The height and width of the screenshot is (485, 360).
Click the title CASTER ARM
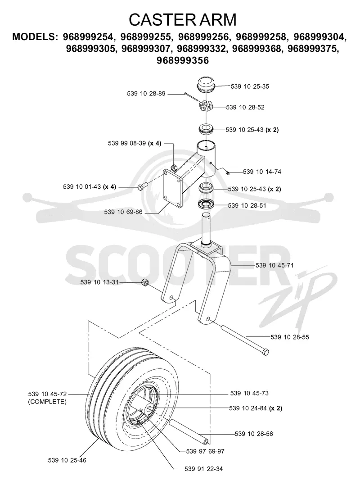click(182, 20)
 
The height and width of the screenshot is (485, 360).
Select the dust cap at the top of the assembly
click(206, 83)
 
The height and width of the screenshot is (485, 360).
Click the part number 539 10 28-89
click(146, 93)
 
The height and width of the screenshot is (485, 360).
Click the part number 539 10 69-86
click(123, 212)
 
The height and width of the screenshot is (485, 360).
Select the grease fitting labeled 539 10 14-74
click(227, 172)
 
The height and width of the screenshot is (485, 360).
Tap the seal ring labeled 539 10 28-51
click(206, 205)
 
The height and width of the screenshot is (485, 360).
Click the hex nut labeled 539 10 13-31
click(145, 282)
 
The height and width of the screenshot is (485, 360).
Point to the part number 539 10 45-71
click(274, 265)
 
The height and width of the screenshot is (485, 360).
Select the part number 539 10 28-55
click(289, 337)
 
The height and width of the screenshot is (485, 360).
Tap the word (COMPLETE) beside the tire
click(47, 402)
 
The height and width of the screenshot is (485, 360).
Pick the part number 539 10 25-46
click(67, 460)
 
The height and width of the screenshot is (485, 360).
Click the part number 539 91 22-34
click(204, 469)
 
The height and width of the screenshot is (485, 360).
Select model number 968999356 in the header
click(183, 60)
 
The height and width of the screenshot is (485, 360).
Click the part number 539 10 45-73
click(249, 393)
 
